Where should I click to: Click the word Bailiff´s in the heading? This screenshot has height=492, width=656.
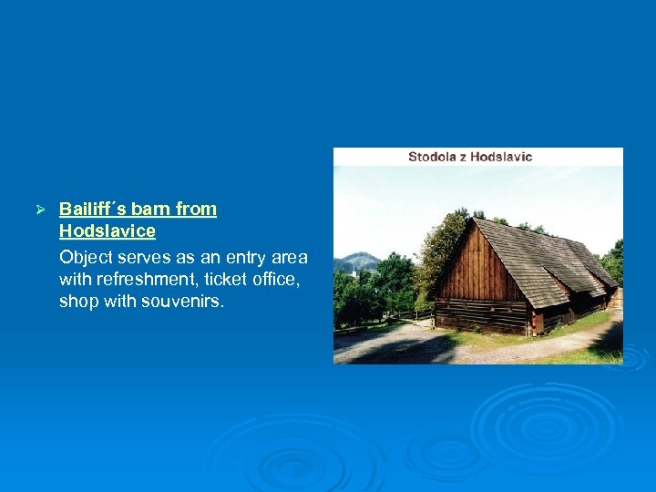click(92, 209)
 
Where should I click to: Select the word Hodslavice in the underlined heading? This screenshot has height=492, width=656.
click(107, 231)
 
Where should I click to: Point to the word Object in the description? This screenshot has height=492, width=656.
click(86, 257)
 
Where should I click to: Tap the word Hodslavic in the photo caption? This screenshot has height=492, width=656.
click(501, 157)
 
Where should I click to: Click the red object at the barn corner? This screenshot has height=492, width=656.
click(538, 321)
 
